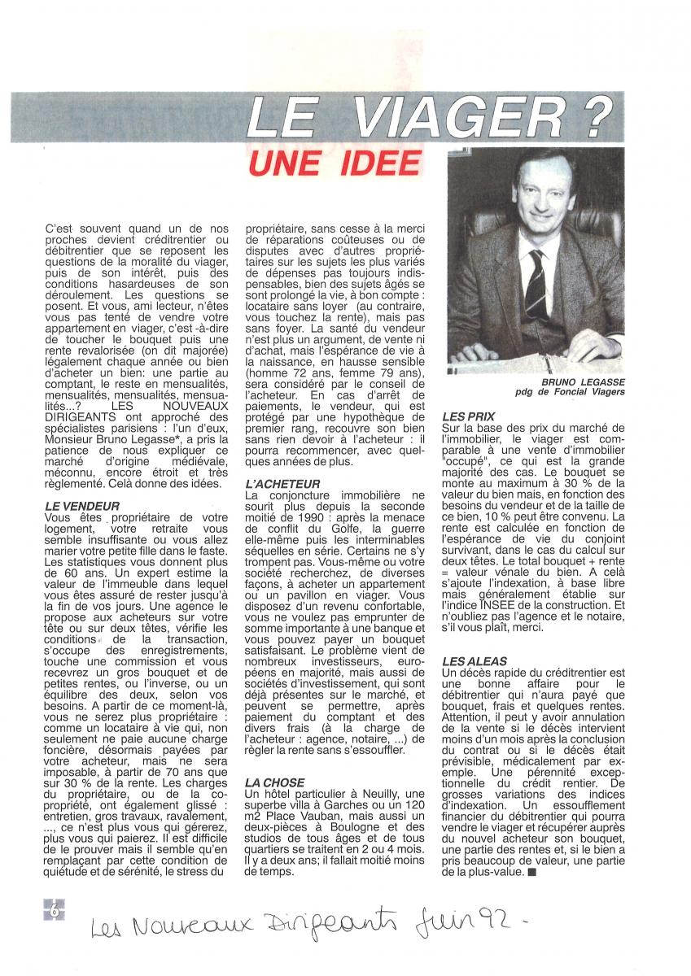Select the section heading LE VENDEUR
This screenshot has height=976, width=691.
83,505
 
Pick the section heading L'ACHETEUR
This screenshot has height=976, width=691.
282,483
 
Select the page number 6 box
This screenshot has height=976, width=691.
55,911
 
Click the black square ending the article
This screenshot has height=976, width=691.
531,872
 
